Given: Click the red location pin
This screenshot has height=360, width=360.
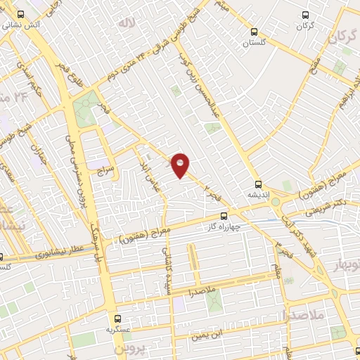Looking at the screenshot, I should pos(181,165).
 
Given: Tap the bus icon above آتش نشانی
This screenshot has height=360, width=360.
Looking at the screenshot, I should pos(19,13).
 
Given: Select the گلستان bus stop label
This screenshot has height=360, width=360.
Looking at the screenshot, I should pos(256,42).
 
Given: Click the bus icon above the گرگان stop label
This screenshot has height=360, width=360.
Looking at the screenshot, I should pos(304,14).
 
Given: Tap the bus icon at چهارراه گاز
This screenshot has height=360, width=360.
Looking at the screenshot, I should pos(224,216).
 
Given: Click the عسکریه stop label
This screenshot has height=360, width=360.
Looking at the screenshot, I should pos(110,329).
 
